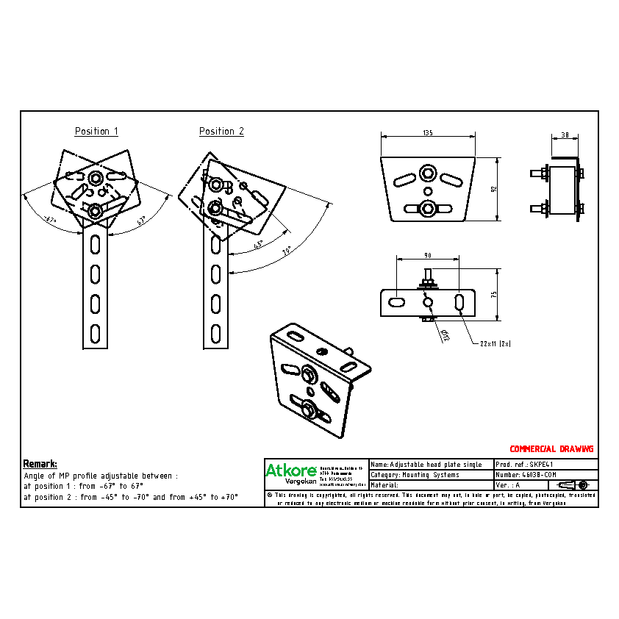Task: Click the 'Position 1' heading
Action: [96, 132]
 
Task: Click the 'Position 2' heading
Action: [221, 132]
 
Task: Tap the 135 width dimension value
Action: [427, 132]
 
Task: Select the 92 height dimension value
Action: [494, 189]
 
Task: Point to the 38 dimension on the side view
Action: [565, 135]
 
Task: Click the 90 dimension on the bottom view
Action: [427, 255]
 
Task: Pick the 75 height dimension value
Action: [494, 293]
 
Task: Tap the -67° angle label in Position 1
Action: [49, 219]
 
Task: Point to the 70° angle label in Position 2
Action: [287, 251]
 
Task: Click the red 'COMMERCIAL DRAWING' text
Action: [551, 448]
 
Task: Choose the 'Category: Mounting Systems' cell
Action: [431, 475]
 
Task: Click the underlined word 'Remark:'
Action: [40, 464]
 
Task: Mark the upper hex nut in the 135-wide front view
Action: [427, 173]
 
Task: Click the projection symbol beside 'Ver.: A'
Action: [573, 485]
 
